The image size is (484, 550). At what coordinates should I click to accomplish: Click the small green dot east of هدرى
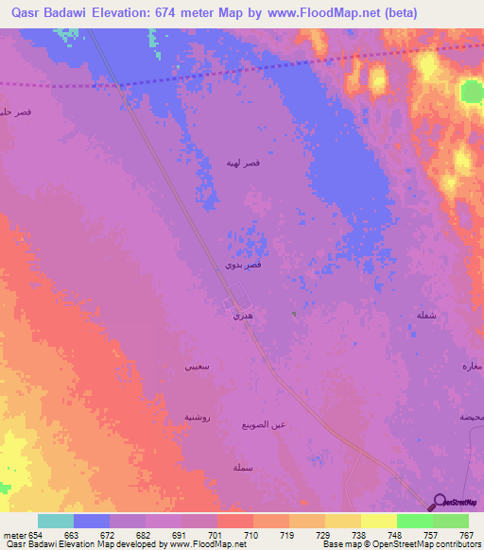tap(294, 315)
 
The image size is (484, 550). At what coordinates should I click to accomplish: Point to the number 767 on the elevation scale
tap(467, 534)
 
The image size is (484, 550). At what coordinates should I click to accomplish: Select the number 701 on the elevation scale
tap(216, 534)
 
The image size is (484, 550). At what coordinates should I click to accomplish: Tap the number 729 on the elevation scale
tap(324, 534)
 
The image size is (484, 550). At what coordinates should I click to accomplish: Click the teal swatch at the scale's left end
tap(56, 521)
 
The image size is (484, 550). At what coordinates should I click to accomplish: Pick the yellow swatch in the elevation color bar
tap(378, 521)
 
